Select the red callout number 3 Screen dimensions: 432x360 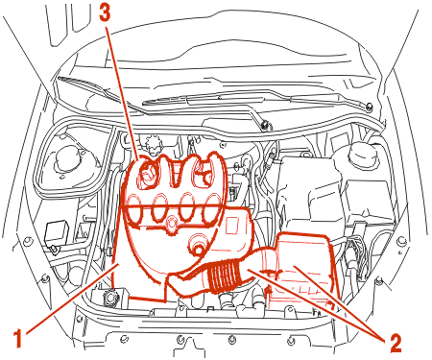pyautogui.click(x=105, y=13)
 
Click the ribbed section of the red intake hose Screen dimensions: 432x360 pyautogui.click(x=224, y=275)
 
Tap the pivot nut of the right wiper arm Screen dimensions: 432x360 pyautogui.click(x=370, y=107)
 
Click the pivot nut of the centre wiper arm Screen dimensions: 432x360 pyautogui.click(x=264, y=125)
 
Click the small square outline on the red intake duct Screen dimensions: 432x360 pyautogui.click(x=232, y=227)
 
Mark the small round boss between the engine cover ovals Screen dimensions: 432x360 pyautogui.click(x=171, y=223)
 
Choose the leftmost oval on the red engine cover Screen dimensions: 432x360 pyautogui.click(x=134, y=208)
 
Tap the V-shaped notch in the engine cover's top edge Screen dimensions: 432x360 pyautogui.click(x=176, y=175)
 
